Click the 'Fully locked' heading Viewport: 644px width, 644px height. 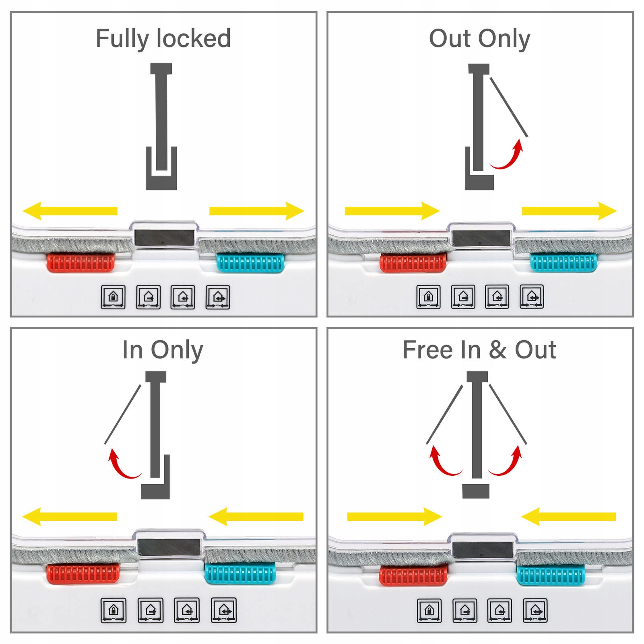point(163,39)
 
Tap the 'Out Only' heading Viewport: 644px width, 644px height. point(479,39)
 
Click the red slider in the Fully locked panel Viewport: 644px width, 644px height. point(81,262)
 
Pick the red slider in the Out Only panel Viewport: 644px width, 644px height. point(413,262)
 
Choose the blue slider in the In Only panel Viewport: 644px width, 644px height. point(240,574)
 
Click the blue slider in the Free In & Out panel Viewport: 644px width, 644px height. point(551,575)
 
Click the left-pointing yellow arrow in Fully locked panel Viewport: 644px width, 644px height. point(70,211)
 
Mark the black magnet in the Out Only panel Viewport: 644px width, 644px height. point(481,238)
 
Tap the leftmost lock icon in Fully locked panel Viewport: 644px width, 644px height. point(113,297)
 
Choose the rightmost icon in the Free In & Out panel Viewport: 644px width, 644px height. point(535,611)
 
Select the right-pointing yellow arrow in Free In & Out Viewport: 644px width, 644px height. point(394,516)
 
